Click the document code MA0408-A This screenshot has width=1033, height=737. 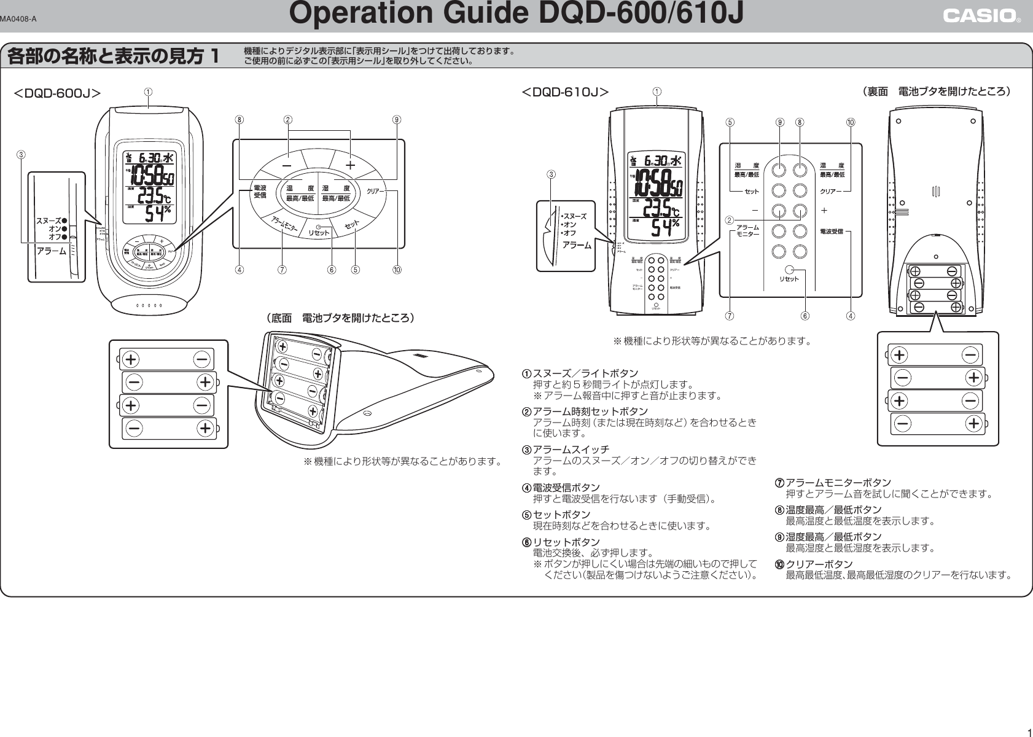point(18,18)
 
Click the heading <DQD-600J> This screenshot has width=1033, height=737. point(57,93)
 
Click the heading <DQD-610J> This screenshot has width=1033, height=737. point(564,93)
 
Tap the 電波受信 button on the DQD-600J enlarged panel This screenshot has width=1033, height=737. point(260,191)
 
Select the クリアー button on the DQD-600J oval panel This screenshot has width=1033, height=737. point(375,192)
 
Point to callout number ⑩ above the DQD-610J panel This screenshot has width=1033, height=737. point(851,122)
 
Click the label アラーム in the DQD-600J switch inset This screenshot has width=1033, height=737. point(51,251)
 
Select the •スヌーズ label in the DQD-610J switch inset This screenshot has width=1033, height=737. point(573,216)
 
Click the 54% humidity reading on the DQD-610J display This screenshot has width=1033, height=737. point(665,227)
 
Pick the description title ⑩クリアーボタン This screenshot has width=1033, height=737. point(814,564)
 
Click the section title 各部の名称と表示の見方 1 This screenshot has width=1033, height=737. point(113,57)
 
